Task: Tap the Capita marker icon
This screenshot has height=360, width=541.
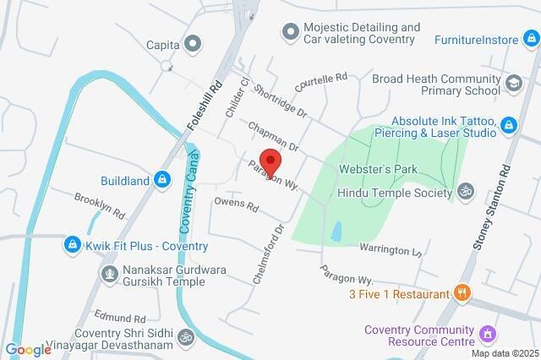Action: pyautogui.click(x=194, y=43)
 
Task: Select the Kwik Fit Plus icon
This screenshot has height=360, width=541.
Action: pyautogui.click(x=74, y=245)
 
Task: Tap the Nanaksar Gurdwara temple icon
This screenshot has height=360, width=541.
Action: pyautogui.click(x=109, y=274)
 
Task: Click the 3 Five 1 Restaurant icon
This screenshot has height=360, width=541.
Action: pyautogui.click(x=462, y=293)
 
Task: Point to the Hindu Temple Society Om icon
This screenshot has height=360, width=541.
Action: pyautogui.click(x=463, y=192)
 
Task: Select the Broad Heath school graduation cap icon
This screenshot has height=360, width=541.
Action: pyautogui.click(x=512, y=84)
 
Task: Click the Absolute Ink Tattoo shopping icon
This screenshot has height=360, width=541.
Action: pyautogui.click(x=508, y=126)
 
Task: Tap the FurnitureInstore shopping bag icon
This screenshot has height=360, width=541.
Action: pyautogui.click(x=530, y=40)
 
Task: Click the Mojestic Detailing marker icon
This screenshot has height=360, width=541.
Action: pyautogui.click(x=290, y=32)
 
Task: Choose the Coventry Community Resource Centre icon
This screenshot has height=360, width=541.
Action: pyautogui.click(x=486, y=335)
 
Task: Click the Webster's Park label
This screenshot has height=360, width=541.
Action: pyautogui.click(x=379, y=169)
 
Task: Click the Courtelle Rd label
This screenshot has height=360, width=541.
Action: pyautogui.click(x=321, y=82)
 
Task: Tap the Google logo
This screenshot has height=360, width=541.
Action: pyautogui.click(x=28, y=350)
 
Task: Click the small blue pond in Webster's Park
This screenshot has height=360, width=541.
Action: pyautogui.click(x=337, y=231)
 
